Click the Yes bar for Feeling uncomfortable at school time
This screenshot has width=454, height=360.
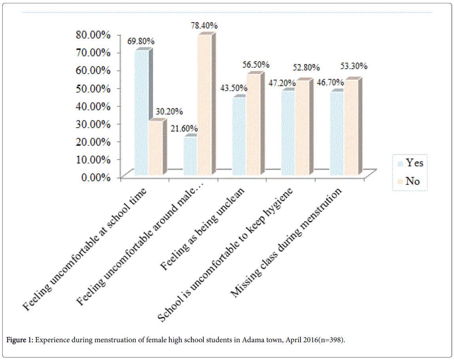(142, 113)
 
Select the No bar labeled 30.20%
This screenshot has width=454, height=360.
(155, 148)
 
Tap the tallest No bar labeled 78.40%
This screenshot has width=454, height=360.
(204, 105)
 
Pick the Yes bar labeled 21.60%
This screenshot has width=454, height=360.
(190, 156)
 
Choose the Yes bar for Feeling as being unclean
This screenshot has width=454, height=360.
(239, 136)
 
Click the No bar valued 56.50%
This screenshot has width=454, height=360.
(253, 125)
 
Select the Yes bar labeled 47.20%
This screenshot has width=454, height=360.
(288, 133)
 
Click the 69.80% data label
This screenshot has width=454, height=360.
(141, 41)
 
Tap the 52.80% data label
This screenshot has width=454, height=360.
(306, 68)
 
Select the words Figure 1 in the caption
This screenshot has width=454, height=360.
(20, 341)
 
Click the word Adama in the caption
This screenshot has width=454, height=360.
(244, 341)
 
